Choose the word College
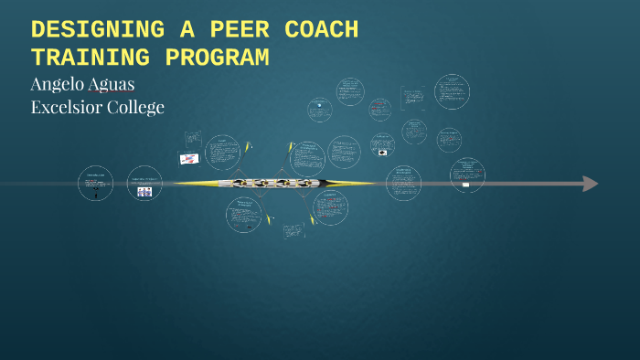click(137, 107)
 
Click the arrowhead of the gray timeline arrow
click(591, 184)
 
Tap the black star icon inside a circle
click(319, 104)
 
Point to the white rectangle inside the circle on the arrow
click(465, 185)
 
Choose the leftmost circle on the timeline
click(95, 183)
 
